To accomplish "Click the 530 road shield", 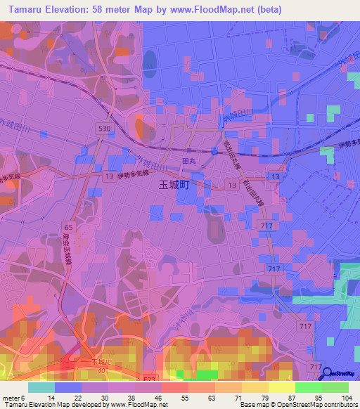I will pyautogui.click(x=105, y=129).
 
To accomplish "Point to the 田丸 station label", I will pyautogui.click(x=188, y=162).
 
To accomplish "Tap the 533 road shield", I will pyautogui.click(x=150, y=379).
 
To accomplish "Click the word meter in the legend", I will pyautogui.click(x=11, y=398).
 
